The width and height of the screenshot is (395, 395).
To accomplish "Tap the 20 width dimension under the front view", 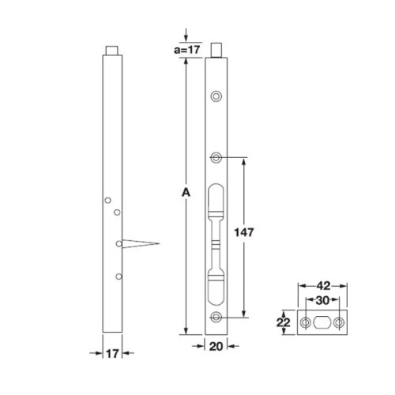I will click(216, 345).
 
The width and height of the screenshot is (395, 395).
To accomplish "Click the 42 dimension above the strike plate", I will click(322, 287).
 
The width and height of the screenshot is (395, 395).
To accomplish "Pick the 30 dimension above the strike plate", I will click(322, 300).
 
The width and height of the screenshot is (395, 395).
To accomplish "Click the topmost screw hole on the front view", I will click(215, 96).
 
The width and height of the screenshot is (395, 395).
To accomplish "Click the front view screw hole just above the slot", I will click(215, 156).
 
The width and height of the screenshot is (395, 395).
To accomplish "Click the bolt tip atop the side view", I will click(115, 51).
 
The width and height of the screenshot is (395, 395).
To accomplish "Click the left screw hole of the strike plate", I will click(305, 323).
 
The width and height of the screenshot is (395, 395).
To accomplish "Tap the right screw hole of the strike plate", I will click(339, 323).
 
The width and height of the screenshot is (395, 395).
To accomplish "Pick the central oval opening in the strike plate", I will click(322, 323).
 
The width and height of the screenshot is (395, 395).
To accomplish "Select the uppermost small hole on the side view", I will click(108, 201).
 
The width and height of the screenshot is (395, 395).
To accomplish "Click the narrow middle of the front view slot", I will click(216, 241).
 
